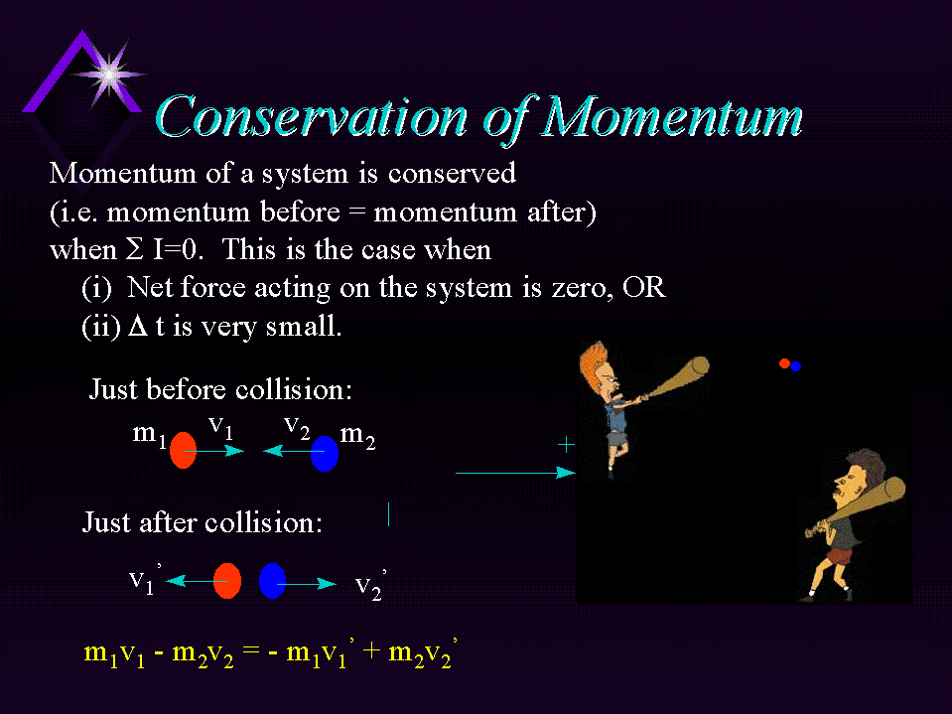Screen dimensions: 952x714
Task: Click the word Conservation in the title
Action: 312,116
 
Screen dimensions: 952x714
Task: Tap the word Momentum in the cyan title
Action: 672,116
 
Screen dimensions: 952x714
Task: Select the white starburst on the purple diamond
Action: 109,75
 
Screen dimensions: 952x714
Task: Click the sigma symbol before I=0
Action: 134,249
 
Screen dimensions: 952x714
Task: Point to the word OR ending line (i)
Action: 644,287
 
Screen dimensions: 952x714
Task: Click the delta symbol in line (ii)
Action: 138,326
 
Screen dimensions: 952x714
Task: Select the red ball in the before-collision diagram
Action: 183,451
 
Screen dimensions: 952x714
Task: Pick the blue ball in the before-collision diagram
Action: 325,453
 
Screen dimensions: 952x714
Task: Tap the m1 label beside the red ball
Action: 149,435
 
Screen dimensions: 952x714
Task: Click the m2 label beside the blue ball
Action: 357,436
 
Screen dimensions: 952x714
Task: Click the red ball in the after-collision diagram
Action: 227,581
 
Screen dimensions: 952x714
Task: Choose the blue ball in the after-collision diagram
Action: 273,581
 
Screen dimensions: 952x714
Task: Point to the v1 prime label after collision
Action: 145,579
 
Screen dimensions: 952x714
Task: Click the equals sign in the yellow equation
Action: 251,650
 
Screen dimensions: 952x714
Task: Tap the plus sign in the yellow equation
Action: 371,650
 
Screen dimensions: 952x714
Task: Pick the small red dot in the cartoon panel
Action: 784,363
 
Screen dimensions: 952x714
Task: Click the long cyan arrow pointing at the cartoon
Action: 515,473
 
